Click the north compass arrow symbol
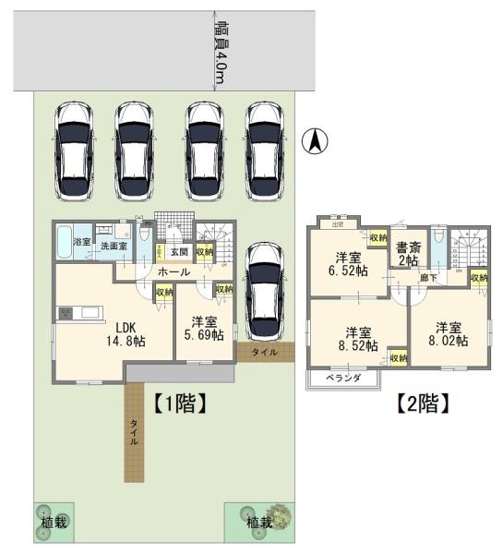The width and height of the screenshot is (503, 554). [x=315, y=142]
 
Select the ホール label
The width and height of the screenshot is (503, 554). [x=174, y=272]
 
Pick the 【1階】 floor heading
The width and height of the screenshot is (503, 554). [x=177, y=402]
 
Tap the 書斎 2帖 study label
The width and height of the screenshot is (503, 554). [x=406, y=252]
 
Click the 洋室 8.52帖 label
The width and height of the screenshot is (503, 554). [x=359, y=339]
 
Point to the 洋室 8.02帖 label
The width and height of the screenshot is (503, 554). [x=449, y=333]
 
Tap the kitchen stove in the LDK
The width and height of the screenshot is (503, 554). [x=66, y=314]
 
